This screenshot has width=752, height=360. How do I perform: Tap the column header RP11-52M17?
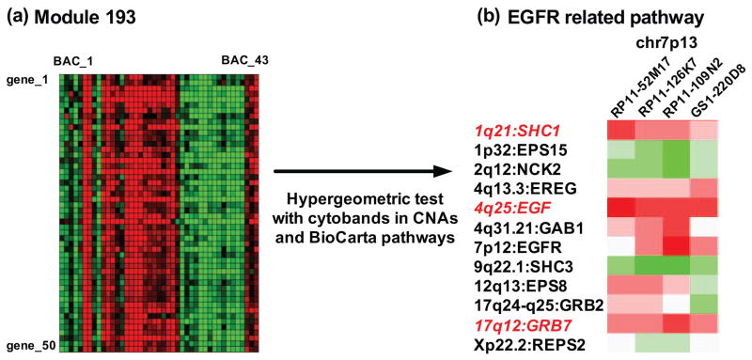[x=620, y=90]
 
